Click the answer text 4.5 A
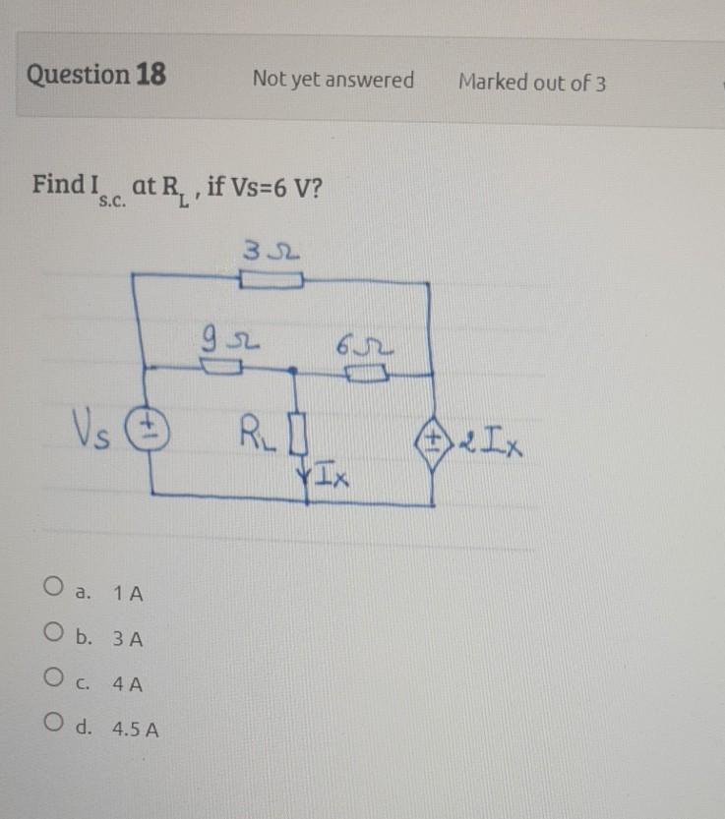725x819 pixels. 138,731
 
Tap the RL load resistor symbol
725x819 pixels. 303,432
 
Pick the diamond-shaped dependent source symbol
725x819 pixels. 434,438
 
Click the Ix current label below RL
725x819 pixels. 329,479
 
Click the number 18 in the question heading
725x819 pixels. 151,75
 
